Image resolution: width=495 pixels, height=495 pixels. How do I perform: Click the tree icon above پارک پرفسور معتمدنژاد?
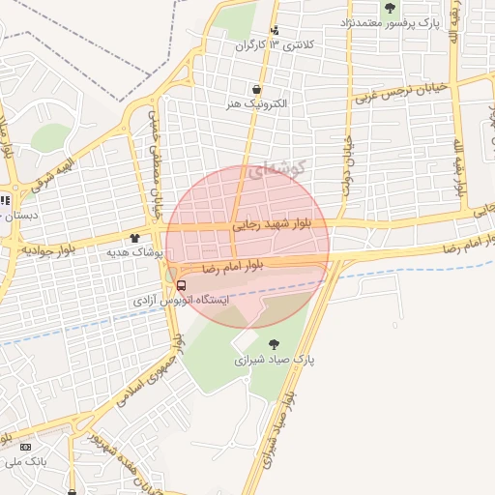390,7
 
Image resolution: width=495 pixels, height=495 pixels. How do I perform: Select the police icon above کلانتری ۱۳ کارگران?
276,30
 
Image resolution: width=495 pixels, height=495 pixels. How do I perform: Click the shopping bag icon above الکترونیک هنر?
256,88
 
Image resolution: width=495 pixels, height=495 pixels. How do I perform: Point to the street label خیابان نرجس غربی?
400,92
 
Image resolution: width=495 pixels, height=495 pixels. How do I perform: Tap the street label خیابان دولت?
344,163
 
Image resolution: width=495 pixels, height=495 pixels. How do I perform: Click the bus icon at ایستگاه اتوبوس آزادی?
181,284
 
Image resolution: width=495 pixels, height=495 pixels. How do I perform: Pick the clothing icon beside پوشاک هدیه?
134,237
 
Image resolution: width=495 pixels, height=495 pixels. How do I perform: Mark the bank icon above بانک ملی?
25,447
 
